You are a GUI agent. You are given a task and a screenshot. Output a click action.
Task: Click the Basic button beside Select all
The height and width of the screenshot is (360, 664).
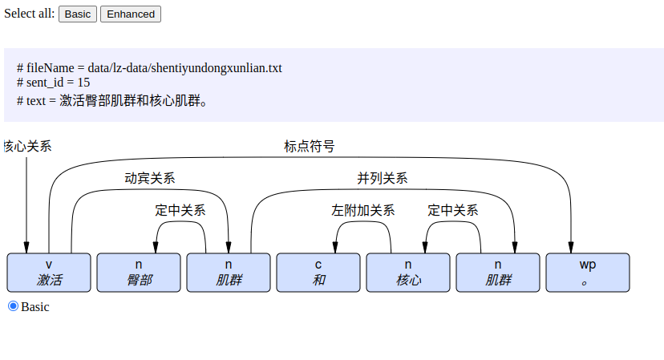(78, 14)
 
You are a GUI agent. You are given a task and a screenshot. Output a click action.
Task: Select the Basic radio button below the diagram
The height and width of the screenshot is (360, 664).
(13, 305)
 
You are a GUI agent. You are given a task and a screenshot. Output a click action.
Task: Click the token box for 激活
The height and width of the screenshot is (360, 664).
(49, 273)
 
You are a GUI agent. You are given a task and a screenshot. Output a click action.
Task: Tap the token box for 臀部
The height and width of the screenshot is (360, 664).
(139, 273)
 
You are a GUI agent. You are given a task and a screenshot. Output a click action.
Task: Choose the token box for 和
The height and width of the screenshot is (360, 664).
(318, 273)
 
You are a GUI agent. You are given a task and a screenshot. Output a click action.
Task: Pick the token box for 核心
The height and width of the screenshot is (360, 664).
(408, 273)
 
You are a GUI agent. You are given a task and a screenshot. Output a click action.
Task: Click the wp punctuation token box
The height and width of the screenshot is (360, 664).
(588, 273)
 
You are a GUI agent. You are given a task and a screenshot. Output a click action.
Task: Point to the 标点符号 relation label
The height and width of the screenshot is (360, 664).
(309, 146)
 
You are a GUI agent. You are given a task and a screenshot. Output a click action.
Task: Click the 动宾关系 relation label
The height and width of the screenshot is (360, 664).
(150, 178)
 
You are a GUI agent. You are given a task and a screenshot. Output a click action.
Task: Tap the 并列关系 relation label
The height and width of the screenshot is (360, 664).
(382, 178)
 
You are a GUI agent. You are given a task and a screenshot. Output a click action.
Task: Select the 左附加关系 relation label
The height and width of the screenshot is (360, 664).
(362, 210)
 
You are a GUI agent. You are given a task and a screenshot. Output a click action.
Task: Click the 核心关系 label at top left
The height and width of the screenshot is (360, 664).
(27, 146)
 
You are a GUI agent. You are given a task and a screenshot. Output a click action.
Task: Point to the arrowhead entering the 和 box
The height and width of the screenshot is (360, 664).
(335, 247)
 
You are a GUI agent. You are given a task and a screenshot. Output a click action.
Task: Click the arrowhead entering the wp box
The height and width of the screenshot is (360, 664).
(572, 247)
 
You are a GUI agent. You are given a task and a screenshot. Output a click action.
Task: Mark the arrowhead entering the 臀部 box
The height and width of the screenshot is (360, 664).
(156, 247)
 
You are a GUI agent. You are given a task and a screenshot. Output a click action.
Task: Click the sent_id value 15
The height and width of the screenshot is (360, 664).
(83, 83)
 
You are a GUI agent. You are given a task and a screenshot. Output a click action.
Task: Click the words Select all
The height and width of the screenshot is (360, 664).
(30, 14)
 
